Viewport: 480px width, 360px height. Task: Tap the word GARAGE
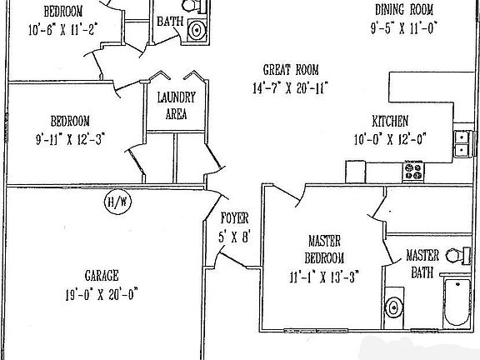click(102, 276)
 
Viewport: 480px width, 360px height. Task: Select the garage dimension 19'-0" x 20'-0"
click(102, 292)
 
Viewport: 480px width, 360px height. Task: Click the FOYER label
click(235, 219)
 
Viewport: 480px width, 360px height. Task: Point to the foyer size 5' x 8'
click(235, 236)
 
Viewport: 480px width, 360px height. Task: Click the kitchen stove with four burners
click(414, 172)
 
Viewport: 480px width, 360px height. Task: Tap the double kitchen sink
click(461, 144)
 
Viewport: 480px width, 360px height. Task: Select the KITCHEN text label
click(390, 120)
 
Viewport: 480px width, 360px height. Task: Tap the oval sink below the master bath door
click(394, 307)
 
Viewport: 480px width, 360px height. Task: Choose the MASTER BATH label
click(422, 263)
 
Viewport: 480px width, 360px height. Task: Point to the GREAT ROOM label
click(290, 71)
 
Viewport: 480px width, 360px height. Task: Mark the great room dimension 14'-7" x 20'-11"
click(290, 87)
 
